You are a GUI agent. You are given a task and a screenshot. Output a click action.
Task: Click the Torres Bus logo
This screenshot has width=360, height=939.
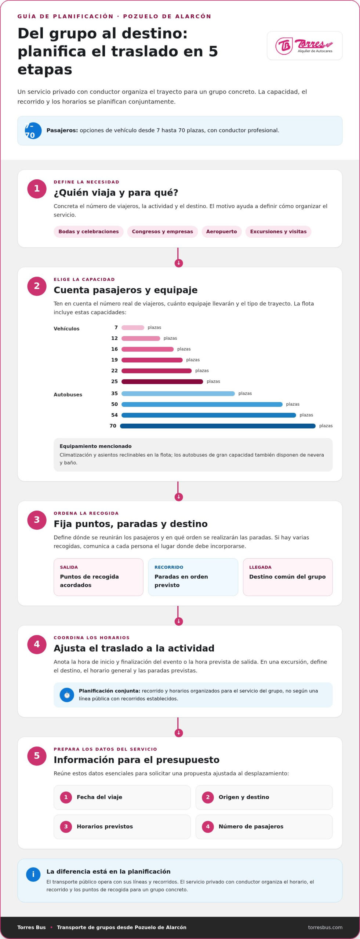click(304, 46)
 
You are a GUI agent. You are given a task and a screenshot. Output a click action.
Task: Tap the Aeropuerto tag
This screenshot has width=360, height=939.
click(221, 231)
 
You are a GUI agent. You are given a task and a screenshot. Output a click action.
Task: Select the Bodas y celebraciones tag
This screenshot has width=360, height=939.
click(88, 231)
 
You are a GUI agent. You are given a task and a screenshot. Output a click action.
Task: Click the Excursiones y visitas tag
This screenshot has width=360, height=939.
click(278, 231)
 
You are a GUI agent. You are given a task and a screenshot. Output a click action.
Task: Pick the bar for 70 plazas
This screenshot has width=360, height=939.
click(218, 426)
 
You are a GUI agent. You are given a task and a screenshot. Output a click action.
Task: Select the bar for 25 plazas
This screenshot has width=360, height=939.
click(162, 381)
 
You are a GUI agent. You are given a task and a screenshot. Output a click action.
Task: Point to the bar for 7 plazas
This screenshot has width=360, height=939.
click(133, 328)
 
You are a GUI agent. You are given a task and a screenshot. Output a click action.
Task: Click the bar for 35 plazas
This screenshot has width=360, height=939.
click(178, 394)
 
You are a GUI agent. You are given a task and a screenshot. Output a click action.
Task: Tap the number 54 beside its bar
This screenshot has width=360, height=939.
click(114, 415)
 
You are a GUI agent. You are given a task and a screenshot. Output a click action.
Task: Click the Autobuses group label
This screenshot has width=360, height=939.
click(68, 395)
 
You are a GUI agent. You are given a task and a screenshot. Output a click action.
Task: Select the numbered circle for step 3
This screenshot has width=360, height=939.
click(37, 520)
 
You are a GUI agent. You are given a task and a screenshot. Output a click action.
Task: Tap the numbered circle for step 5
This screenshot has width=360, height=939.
click(37, 756)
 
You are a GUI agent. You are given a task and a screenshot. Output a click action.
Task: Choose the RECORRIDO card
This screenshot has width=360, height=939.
click(193, 577)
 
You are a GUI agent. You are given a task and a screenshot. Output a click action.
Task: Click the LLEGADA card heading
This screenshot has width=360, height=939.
click(260, 567)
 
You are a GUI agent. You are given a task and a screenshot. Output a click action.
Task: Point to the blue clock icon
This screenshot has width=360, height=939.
click(67, 695)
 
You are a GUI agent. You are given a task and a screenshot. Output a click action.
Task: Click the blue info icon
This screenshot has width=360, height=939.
click(33, 874)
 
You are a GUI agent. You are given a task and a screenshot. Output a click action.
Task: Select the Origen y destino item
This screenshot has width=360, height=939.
click(264, 797)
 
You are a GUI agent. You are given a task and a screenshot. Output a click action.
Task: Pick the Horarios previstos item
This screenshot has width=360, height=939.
click(122, 826)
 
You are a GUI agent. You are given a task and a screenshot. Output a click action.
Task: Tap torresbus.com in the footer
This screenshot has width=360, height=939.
click(325, 927)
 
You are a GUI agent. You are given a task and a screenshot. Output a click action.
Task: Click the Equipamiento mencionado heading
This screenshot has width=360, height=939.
click(95, 446)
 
